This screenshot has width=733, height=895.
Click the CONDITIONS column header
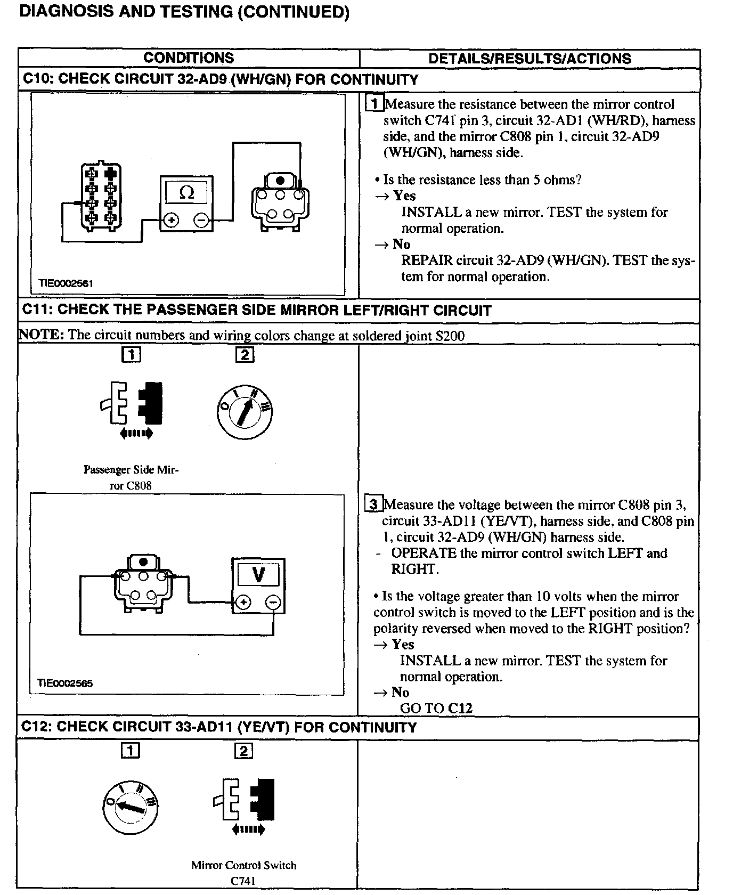click(189, 58)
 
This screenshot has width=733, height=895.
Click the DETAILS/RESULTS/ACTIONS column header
click(530, 58)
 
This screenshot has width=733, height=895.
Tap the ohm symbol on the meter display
click(186, 192)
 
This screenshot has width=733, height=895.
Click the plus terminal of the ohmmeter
click(171, 220)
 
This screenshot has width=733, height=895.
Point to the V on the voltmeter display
click(258, 574)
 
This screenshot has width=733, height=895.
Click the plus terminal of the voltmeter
click(243, 603)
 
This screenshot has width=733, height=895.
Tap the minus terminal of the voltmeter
click(273, 603)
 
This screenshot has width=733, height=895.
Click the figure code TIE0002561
click(66, 283)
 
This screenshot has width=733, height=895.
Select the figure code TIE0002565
click(65, 683)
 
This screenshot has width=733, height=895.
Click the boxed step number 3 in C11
click(374, 504)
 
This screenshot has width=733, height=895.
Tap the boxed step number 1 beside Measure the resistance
click(374, 104)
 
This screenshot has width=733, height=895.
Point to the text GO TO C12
click(436, 708)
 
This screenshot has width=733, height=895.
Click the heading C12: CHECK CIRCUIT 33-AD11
click(219, 727)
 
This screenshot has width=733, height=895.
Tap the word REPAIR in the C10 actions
click(427, 261)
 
